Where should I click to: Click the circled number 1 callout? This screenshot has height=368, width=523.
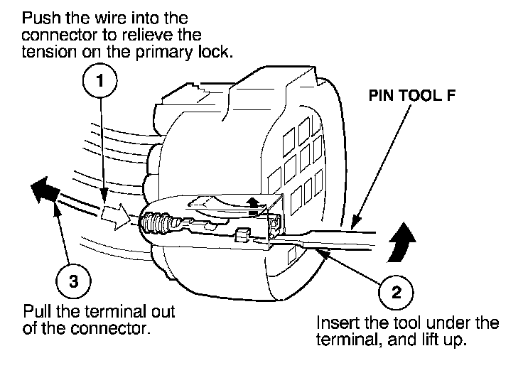(x=100, y=81)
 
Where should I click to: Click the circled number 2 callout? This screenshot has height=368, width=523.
(x=396, y=293)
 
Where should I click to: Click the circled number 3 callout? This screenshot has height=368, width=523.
(x=73, y=281)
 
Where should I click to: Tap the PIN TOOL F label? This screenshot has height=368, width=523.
(x=412, y=96)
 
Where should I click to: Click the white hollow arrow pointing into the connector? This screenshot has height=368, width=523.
(x=115, y=217)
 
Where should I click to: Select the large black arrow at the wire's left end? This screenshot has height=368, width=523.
(x=43, y=190)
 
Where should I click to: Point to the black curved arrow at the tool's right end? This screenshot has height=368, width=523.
(x=402, y=242)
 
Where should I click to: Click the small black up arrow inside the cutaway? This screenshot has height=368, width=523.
(x=254, y=205)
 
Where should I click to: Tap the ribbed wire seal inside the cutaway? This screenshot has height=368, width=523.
(x=156, y=222)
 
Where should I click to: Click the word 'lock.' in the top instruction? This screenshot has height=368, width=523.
(x=215, y=52)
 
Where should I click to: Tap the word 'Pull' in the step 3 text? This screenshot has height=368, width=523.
(x=38, y=312)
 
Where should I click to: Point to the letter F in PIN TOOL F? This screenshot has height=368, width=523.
(x=451, y=96)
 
